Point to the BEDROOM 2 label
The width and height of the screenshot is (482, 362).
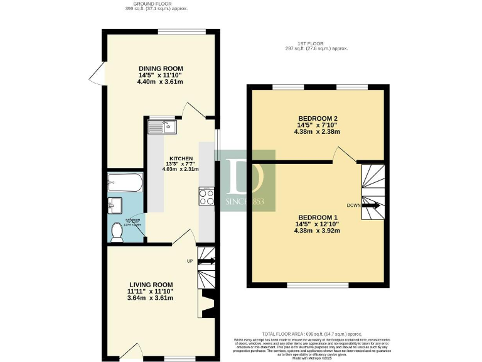tap(318, 119)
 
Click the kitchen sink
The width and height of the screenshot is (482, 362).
tap(163, 128)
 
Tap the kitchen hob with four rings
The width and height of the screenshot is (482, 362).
tap(206, 197)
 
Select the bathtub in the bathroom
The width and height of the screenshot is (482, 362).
tap(124, 183)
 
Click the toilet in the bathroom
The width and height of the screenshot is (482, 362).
tap(117, 232)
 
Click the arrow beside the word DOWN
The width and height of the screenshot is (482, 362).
tap(371, 206)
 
